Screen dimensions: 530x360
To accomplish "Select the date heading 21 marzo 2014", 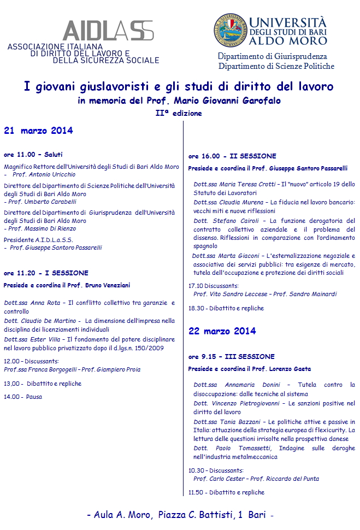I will click(38, 131).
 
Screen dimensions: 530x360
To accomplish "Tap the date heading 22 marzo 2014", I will click(222, 331).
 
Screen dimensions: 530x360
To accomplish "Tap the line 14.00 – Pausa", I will click(23, 397).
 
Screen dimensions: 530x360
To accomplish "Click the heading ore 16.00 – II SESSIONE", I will click(232, 156).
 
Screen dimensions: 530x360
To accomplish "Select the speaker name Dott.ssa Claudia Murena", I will click(228, 202).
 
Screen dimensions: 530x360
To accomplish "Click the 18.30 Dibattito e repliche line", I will click(226, 308).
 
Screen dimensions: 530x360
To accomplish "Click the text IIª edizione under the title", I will click(179, 113).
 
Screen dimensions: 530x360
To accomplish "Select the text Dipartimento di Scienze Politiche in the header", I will click(276, 66).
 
